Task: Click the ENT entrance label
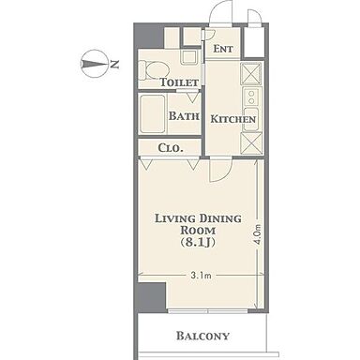click(223, 49)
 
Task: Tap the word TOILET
click(179, 82)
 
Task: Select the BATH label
click(184, 116)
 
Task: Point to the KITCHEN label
click(233, 119)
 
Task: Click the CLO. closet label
click(171, 148)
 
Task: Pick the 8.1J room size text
click(198, 243)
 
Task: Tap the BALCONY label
click(202, 336)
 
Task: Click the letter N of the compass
click(114, 64)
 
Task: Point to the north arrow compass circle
click(94, 64)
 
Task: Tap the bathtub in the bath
click(152, 114)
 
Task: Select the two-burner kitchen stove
click(251, 97)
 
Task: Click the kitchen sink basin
click(251, 119)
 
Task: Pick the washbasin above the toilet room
click(189, 56)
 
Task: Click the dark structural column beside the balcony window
click(151, 297)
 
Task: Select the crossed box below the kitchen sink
click(251, 143)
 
